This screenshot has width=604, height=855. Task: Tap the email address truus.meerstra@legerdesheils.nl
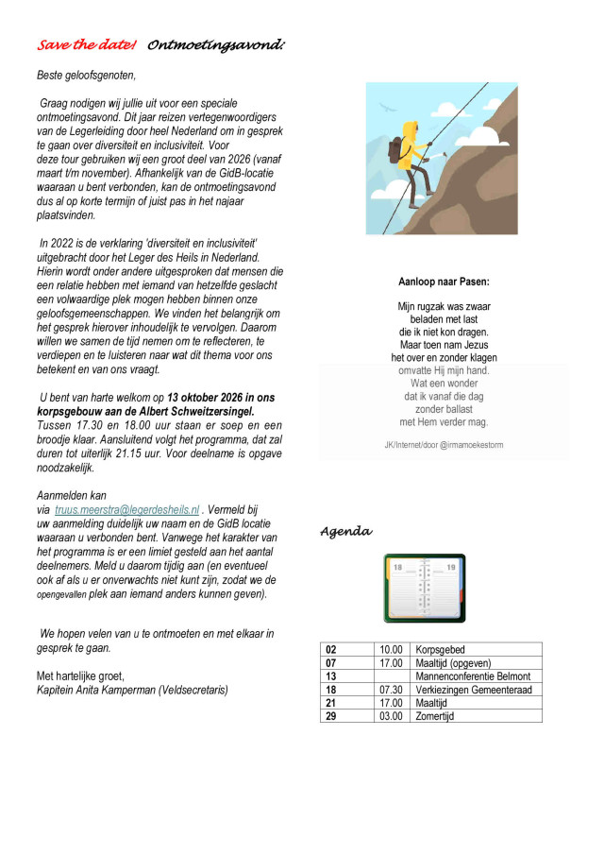pos(127,508)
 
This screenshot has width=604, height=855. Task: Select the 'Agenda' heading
pos(345,532)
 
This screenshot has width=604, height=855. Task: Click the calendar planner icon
pos(425,588)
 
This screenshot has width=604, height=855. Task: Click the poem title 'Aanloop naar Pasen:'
pos(444,281)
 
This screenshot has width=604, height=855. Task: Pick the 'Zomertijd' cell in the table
pos(433,716)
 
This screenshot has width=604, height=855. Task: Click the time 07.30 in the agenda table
pos(391,690)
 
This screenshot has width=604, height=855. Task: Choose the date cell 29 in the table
pos(331,716)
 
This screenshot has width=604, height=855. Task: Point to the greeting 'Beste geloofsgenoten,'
pos(86,75)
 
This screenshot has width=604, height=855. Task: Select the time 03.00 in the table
pos(391,716)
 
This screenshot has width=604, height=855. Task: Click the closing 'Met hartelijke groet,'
pos(80,675)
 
